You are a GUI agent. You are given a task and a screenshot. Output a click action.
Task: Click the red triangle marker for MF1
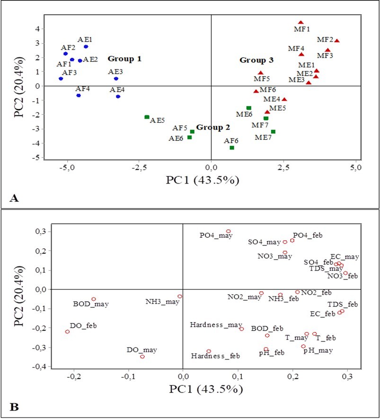(x=300, y=23)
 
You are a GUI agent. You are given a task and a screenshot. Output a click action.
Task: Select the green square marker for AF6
(x=232, y=148)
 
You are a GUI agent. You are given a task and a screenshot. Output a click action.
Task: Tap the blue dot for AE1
(x=86, y=46)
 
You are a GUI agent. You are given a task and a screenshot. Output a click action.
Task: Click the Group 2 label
(x=212, y=127)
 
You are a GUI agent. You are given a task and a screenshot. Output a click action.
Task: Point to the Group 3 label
(x=256, y=61)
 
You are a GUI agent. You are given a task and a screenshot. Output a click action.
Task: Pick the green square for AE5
(x=147, y=117)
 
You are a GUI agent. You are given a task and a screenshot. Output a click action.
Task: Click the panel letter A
(x=14, y=198)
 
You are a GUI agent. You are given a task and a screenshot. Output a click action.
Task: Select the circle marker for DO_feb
(x=67, y=332)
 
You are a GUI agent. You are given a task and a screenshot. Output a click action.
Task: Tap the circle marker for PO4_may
(x=228, y=231)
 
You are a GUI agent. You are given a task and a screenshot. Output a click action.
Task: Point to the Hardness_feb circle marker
(x=209, y=351)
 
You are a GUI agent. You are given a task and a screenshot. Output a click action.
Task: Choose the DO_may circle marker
(x=142, y=357)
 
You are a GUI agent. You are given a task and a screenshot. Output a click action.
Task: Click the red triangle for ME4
(x=284, y=100)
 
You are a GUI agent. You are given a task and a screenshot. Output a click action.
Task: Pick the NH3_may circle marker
(x=180, y=297)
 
